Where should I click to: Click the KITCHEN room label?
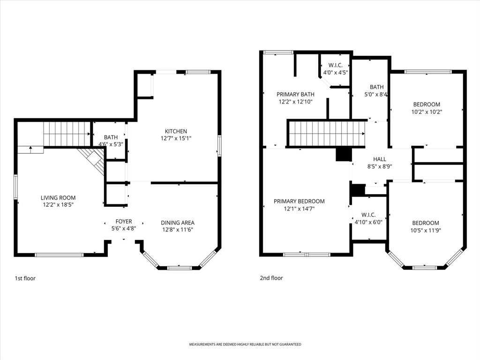click(x=176, y=131)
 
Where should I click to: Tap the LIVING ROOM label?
click(x=58, y=198)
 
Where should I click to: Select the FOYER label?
click(x=124, y=221)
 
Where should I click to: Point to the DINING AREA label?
click(x=178, y=223)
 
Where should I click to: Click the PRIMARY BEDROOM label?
click(x=299, y=201)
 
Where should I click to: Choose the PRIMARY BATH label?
click(x=295, y=94)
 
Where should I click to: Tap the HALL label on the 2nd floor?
click(x=380, y=159)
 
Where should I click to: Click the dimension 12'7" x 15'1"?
click(x=176, y=138)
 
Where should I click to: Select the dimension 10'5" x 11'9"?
click(x=426, y=230)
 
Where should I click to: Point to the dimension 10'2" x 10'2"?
click(x=427, y=112)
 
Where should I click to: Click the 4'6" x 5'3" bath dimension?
click(x=111, y=144)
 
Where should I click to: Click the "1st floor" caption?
click(x=25, y=278)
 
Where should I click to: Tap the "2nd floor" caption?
click(x=271, y=278)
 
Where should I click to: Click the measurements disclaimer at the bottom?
click(x=245, y=345)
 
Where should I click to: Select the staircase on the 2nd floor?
click(x=326, y=134)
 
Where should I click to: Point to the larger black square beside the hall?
click(x=343, y=155)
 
